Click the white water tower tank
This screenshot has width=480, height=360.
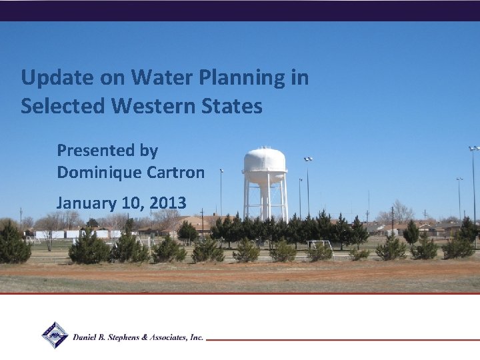click(265, 161)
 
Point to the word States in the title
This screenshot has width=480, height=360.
click(235, 106)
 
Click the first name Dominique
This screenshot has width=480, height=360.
click(93, 172)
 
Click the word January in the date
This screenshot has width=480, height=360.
click(85, 202)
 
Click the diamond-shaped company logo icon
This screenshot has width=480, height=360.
click(55, 335)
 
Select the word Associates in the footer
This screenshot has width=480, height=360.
click(173, 338)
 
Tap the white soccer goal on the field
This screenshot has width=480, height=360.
click(321, 245)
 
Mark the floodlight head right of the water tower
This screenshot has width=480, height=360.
click(308, 159)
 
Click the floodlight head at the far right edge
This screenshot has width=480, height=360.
click(473, 149)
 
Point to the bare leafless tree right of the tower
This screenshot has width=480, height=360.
click(400, 211)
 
